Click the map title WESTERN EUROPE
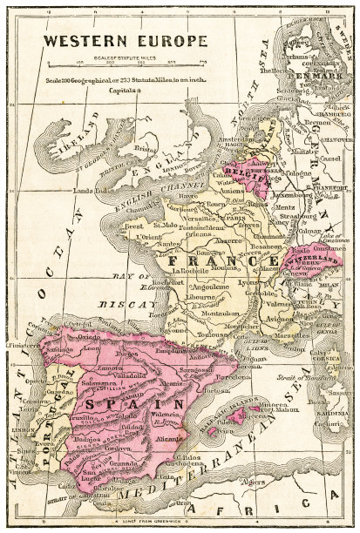tap(113, 40)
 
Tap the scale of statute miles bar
tap(113, 59)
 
